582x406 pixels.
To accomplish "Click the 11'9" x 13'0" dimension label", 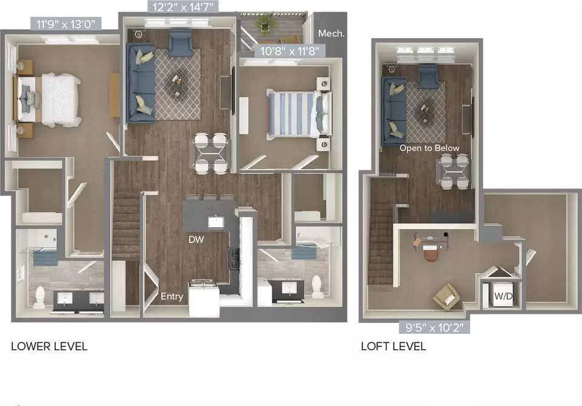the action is (x=65, y=24).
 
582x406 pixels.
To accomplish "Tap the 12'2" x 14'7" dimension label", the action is (x=183, y=7).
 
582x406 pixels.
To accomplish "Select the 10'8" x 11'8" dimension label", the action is (x=290, y=51).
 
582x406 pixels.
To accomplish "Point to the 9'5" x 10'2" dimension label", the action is (x=434, y=327).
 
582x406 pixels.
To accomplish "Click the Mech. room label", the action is (x=331, y=33).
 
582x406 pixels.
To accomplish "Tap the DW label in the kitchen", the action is (x=196, y=239).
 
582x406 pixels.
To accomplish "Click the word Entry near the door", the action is (x=172, y=296).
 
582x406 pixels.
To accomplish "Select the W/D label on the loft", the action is (x=503, y=296).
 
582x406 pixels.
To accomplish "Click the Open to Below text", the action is (x=429, y=148).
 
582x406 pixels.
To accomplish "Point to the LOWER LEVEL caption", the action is (x=49, y=346).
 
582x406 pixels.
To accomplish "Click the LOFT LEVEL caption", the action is (x=393, y=346).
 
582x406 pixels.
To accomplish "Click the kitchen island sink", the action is (x=216, y=222).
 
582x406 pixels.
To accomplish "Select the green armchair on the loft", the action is (x=447, y=296).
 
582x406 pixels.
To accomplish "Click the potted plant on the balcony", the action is (x=265, y=24).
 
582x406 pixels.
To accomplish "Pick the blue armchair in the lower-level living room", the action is (x=181, y=42).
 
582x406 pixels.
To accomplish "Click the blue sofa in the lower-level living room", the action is (x=141, y=83).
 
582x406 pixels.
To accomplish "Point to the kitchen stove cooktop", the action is (x=234, y=258).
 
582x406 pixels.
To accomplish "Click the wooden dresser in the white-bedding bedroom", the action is (x=115, y=95).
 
